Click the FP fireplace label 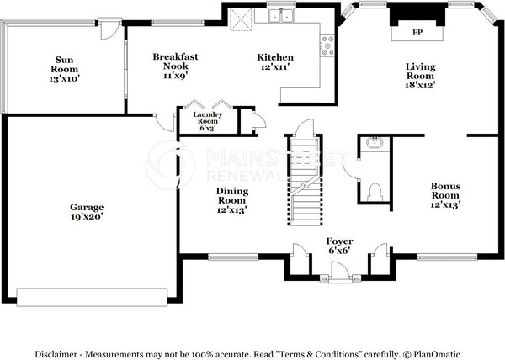(x=417, y=33)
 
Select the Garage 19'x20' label (x=87, y=212)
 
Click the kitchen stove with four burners (x=327, y=45)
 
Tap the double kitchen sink (x=281, y=15)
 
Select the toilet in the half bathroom (x=375, y=192)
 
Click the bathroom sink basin (x=375, y=142)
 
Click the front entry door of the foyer (x=340, y=273)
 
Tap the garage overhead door (x=92, y=297)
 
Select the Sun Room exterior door (x=109, y=29)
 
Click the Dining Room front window (x=233, y=257)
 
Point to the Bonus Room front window (x=448, y=257)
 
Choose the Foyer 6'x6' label (x=339, y=246)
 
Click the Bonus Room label (x=445, y=195)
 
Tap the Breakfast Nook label (x=175, y=66)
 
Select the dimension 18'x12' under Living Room (x=420, y=85)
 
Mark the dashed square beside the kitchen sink (x=240, y=19)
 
